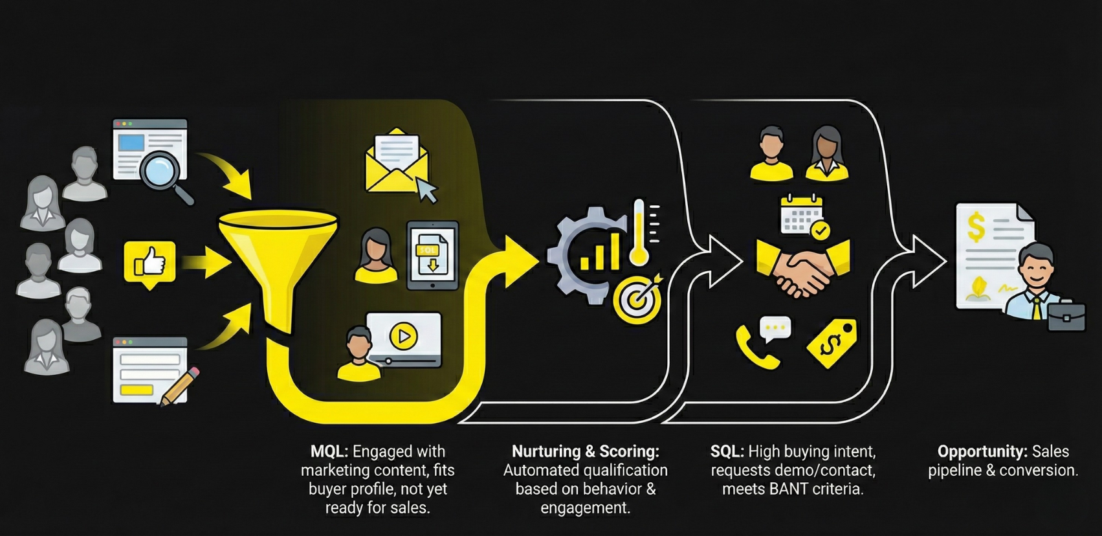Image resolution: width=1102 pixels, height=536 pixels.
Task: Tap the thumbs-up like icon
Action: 149,263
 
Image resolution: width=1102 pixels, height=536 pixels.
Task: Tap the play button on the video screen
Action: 403,337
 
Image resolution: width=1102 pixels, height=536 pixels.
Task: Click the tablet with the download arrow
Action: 432,256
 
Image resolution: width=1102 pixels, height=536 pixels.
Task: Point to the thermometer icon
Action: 639,233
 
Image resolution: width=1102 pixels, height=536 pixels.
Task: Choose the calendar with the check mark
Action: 802,216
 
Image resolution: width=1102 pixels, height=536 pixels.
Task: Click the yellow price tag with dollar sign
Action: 833,343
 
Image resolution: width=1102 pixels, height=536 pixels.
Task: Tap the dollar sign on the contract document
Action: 976,227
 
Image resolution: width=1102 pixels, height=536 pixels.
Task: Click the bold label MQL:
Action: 329,452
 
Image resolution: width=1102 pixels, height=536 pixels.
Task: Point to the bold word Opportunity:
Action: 982,452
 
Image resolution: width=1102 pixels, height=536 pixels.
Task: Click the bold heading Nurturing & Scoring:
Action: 585,452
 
